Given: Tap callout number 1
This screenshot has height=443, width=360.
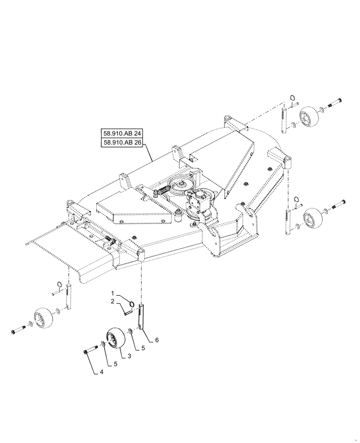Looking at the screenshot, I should [112, 293].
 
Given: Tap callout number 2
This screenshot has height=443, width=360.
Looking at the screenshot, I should [112, 301].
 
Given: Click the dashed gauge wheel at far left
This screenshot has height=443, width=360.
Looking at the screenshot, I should [43, 319].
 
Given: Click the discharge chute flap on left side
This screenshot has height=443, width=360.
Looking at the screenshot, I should [53, 248].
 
